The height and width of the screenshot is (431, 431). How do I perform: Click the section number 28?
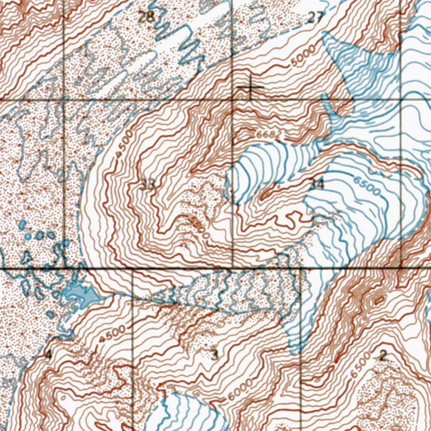coord(146,16)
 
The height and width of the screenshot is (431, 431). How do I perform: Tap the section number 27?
coord(315,17)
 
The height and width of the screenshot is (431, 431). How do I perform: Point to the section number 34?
coord(317,184)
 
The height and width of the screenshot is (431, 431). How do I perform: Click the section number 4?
coord(48,354)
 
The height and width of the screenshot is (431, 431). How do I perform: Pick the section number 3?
coord(214,354)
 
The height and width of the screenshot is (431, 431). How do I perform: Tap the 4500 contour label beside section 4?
coord(111,335)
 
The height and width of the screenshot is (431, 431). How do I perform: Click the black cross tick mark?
coord(249,88)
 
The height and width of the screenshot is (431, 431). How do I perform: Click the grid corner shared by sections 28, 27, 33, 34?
coord(233,100)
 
